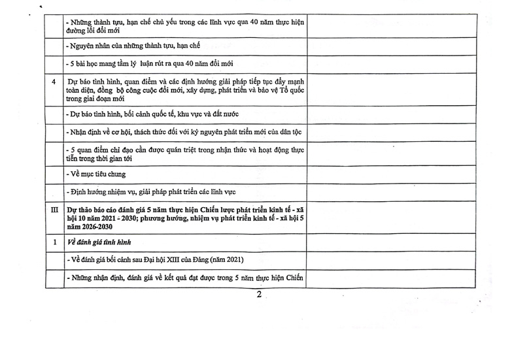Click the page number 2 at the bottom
pyautogui.click(x=259, y=295)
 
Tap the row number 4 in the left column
pyautogui.click(x=54, y=82)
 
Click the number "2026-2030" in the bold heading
pyautogui.click(x=93, y=227)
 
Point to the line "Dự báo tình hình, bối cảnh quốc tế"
pyautogui.click(x=152, y=114)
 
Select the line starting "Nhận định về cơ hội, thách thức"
pyautogui.click(x=184, y=132)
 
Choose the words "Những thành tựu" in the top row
pyautogui.click(x=99, y=22)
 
